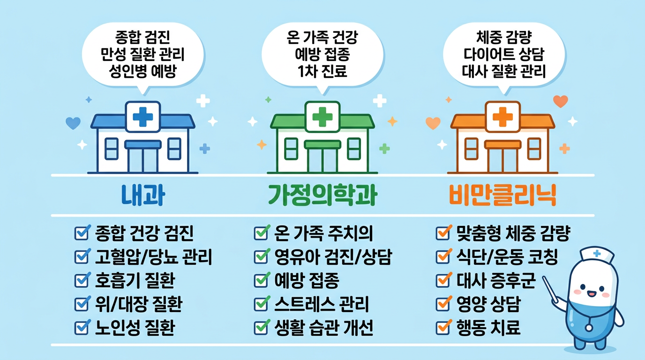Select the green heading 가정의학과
pos(322,195)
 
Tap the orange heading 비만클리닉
pos(503,195)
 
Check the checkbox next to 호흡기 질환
pos(82,281)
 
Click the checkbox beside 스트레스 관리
pos(261,304)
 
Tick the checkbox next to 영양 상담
pos(442,304)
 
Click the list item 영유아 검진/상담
pos(333,257)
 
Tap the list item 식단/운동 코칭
pos(507,257)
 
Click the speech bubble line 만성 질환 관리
pos(142,55)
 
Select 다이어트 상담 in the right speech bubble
pos(503,55)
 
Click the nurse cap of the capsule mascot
pos(596,255)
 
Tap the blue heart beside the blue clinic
pos(73,123)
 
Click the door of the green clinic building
pos(322,157)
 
